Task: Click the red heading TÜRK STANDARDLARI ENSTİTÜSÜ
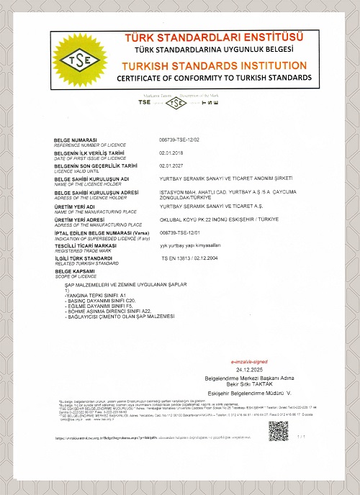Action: (214, 37)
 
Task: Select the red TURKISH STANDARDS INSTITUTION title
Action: (214, 65)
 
